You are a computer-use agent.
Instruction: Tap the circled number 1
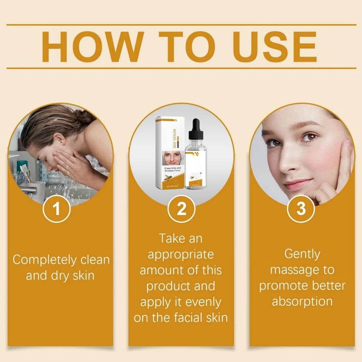(x=56, y=209)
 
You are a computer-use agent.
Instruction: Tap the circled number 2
(x=181, y=209)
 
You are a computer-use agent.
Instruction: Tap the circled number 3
(x=301, y=209)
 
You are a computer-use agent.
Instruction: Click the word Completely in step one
(x=45, y=260)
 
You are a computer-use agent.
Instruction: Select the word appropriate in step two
(x=181, y=254)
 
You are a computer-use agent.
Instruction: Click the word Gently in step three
(x=302, y=254)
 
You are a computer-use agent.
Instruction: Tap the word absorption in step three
(x=302, y=302)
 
